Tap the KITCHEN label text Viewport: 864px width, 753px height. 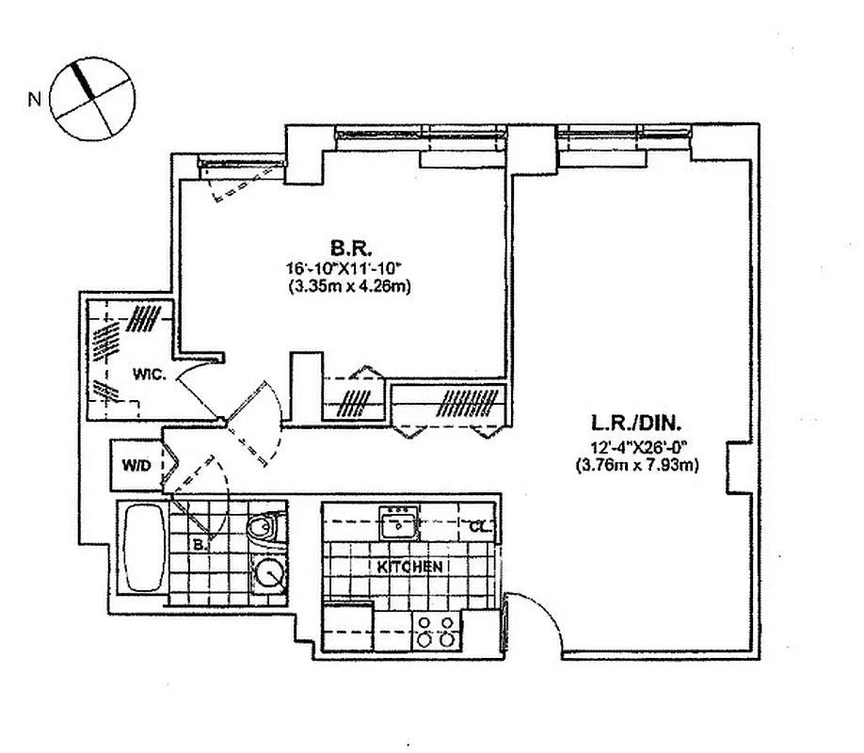[409, 567]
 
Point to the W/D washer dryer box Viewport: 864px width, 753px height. [136, 465]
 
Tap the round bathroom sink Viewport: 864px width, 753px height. [270, 573]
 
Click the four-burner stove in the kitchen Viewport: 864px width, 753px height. [436, 630]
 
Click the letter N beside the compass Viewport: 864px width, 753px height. [34, 98]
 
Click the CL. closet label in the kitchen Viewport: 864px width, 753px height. [479, 527]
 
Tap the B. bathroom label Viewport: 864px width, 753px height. [199, 544]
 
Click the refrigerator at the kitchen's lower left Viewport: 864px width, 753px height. [346, 626]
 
